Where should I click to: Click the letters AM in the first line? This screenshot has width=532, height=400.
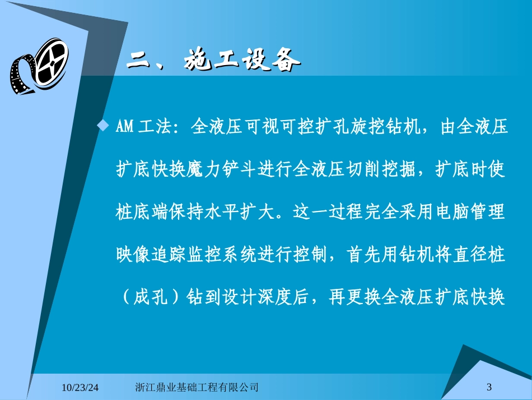tap(124, 128)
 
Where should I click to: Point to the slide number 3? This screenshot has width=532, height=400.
tap(489, 387)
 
